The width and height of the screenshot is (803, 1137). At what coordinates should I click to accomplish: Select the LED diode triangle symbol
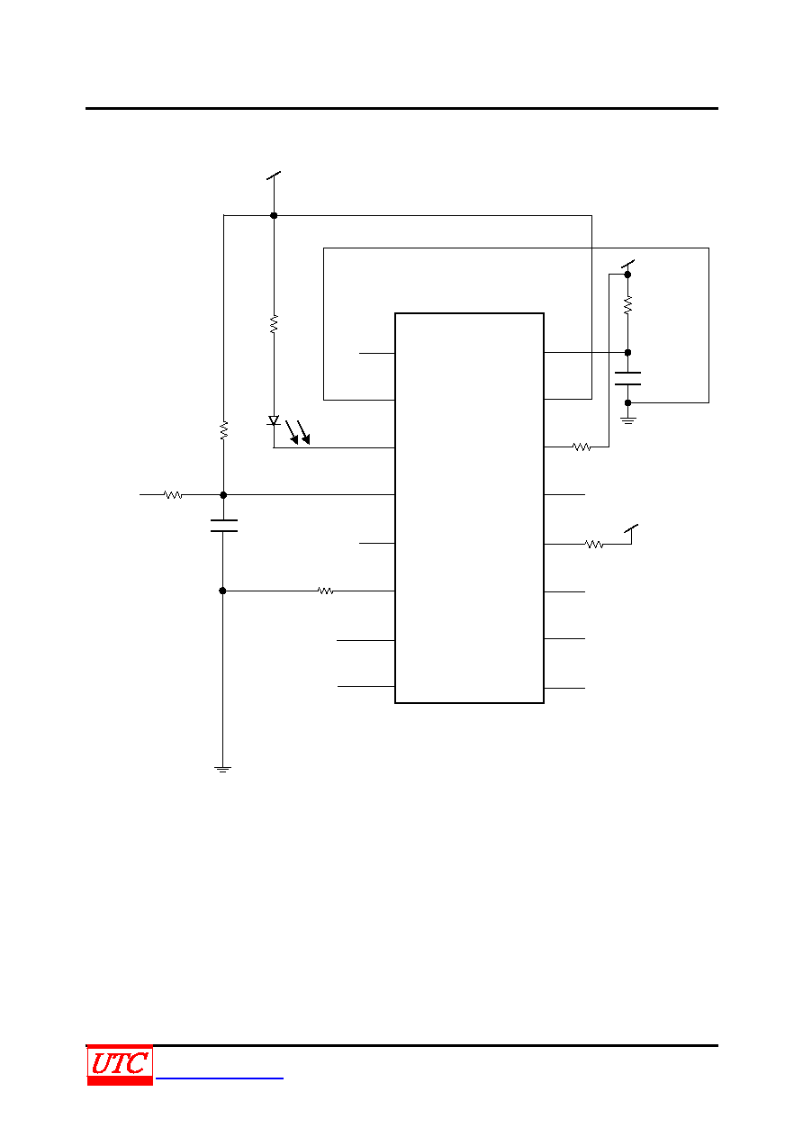pyautogui.click(x=274, y=420)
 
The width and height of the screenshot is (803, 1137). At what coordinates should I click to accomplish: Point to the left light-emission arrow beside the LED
pyautogui.click(x=292, y=432)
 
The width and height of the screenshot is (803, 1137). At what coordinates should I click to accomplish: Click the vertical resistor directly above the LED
pyautogui.click(x=274, y=324)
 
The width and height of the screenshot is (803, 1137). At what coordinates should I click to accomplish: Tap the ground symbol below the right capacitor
pyautogui.click(x=627, y=420)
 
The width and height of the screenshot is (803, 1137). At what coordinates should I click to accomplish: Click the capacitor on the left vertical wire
pyautogui.click(x=224, y=526)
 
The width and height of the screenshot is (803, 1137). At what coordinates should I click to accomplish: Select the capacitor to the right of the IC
pyautogui.click(x=627, y=379)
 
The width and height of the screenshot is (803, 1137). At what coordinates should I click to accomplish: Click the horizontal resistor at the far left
pyautogui.click(x=173, y=495)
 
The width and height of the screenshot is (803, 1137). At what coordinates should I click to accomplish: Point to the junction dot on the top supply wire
pyautogui.click(x=274, y=216)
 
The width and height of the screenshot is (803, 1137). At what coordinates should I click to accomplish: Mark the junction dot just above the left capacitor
pyautogui.click(x=223, y=495)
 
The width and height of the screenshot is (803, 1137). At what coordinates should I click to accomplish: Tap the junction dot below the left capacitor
pyautogui.click(x=222, y=591)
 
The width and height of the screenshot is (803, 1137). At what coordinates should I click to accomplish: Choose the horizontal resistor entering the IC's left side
pyautogui.click(x=325, y=591)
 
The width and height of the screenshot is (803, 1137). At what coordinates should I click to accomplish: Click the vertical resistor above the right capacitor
pyautogui.click(x=627, y=305)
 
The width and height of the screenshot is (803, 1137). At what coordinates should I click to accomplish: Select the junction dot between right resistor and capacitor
pyautogui.click(x=627, y=352)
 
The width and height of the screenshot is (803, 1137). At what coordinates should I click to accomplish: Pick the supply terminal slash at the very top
pyautogui.click(x=274, y=176)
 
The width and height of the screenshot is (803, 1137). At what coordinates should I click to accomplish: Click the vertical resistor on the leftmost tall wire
pyautogui.click(x=224, y=430)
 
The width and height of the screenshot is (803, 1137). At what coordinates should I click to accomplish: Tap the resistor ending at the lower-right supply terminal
pyautogui.click(x=594, y=544)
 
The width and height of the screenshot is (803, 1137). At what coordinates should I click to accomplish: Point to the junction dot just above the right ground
pyautogui.click(x=627, y=403)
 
